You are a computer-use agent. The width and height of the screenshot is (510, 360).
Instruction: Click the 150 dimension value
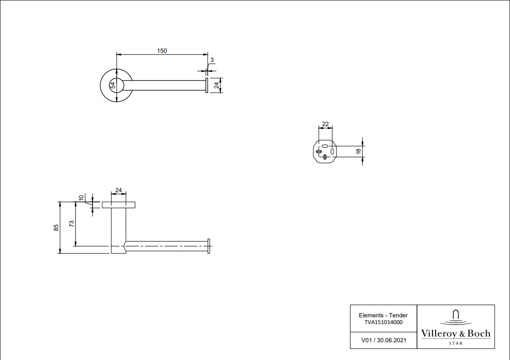[x=162, y=51]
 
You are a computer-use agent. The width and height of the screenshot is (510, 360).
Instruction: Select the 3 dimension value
[x=212, y=60]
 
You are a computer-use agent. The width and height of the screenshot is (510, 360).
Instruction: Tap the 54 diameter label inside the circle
[x=113, y=85]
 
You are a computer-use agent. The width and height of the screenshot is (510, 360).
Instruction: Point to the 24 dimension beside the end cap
[x=216, y=85]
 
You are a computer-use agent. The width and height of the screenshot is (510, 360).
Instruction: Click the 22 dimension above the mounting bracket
[x=325, y=124]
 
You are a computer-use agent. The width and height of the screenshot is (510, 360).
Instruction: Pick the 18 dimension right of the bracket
[x=358, y=151]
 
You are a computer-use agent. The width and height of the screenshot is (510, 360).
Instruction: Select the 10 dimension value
[x=81, y=197]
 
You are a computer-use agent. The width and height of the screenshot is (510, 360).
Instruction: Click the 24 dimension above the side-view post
[x=119, y=190]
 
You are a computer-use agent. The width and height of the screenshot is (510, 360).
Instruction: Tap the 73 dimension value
[x=71, y=223]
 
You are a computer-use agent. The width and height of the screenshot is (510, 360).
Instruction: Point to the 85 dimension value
[x=56, y=227]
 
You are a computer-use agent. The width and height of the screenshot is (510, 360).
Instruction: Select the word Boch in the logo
[x=479, y=334]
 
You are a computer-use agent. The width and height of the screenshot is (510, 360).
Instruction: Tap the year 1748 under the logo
[x=456, y=343]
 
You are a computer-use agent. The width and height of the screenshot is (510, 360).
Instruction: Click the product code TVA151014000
[x=383, y=322]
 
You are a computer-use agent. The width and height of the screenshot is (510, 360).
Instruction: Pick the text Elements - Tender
[x=383, y=315]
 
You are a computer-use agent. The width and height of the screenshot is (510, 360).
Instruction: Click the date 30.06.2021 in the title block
[x=391, y=340]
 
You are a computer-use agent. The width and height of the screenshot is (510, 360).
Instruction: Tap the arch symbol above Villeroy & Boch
[x=456, y=315]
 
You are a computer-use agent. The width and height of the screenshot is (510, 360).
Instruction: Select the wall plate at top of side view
[x=119, y=205]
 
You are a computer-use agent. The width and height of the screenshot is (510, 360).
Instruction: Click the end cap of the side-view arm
[x=209, y=246]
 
